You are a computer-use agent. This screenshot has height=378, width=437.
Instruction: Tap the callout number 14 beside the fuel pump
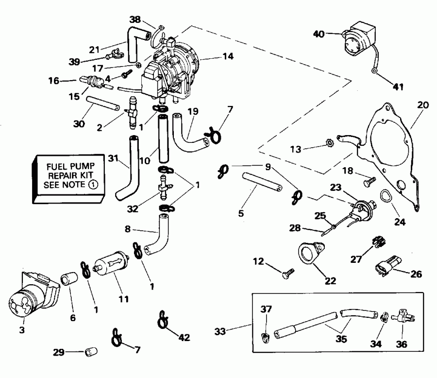click(x=227, y=56)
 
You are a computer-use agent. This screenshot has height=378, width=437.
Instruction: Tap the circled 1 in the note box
click(x=93, y=185)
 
